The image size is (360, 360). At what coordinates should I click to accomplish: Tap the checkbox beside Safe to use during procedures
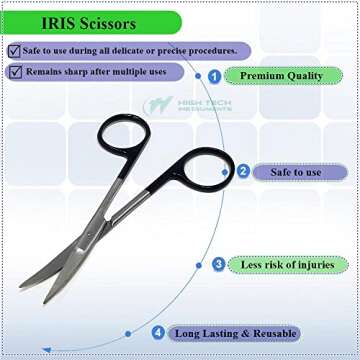click(13, 50)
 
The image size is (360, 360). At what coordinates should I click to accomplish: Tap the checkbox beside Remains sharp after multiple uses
click(13, 71)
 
